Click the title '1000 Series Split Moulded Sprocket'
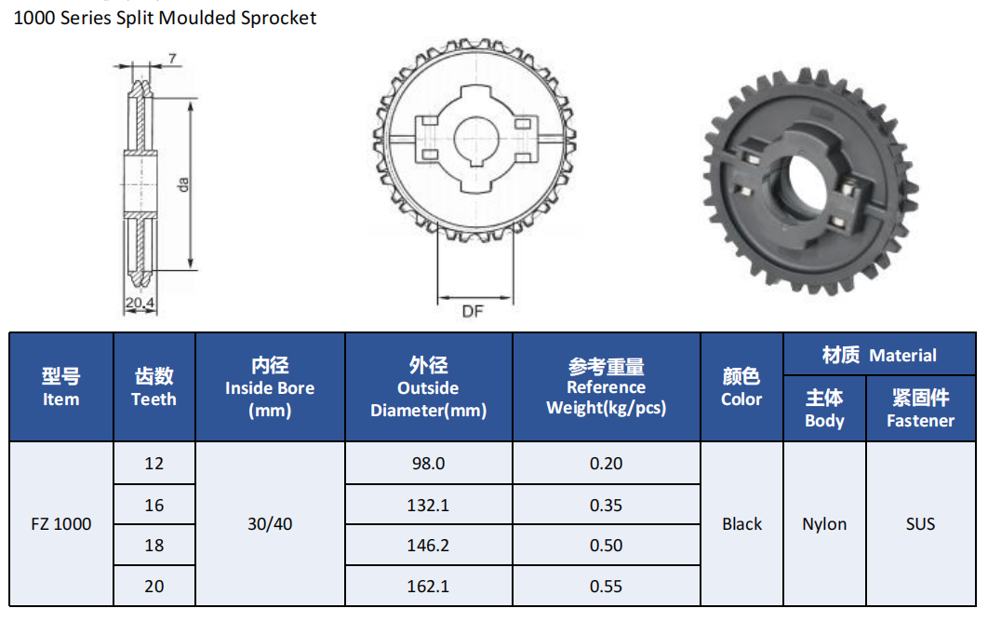point(165,18)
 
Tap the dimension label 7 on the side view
point(172,59)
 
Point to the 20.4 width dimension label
point(140,303)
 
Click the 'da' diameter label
point(182,184)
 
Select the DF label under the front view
point(473,311)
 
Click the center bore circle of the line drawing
point(475,140)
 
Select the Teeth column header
point(154,386)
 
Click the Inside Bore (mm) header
point(270,386)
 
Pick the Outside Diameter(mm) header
point(429,386)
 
